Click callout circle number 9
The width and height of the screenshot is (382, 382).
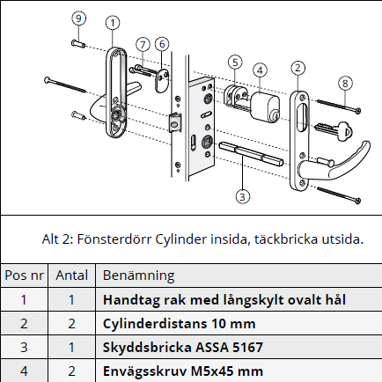click(x=79, y=18)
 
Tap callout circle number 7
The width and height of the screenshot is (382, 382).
click(x=143, y=44)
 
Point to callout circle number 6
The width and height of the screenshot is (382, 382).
click(x=163, y=44)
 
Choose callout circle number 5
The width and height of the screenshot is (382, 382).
click(x=234, y=62)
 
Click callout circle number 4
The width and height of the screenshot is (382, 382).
click(x=260, y=70)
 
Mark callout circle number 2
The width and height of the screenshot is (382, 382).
click(x=298, y=67)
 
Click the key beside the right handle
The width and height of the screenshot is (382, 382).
click(x=333, y=129)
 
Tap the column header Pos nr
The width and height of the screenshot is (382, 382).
click(x=24, y=275)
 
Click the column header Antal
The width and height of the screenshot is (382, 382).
click(x=71, y=275)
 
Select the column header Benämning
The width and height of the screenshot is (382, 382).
click(x=139, y=275)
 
